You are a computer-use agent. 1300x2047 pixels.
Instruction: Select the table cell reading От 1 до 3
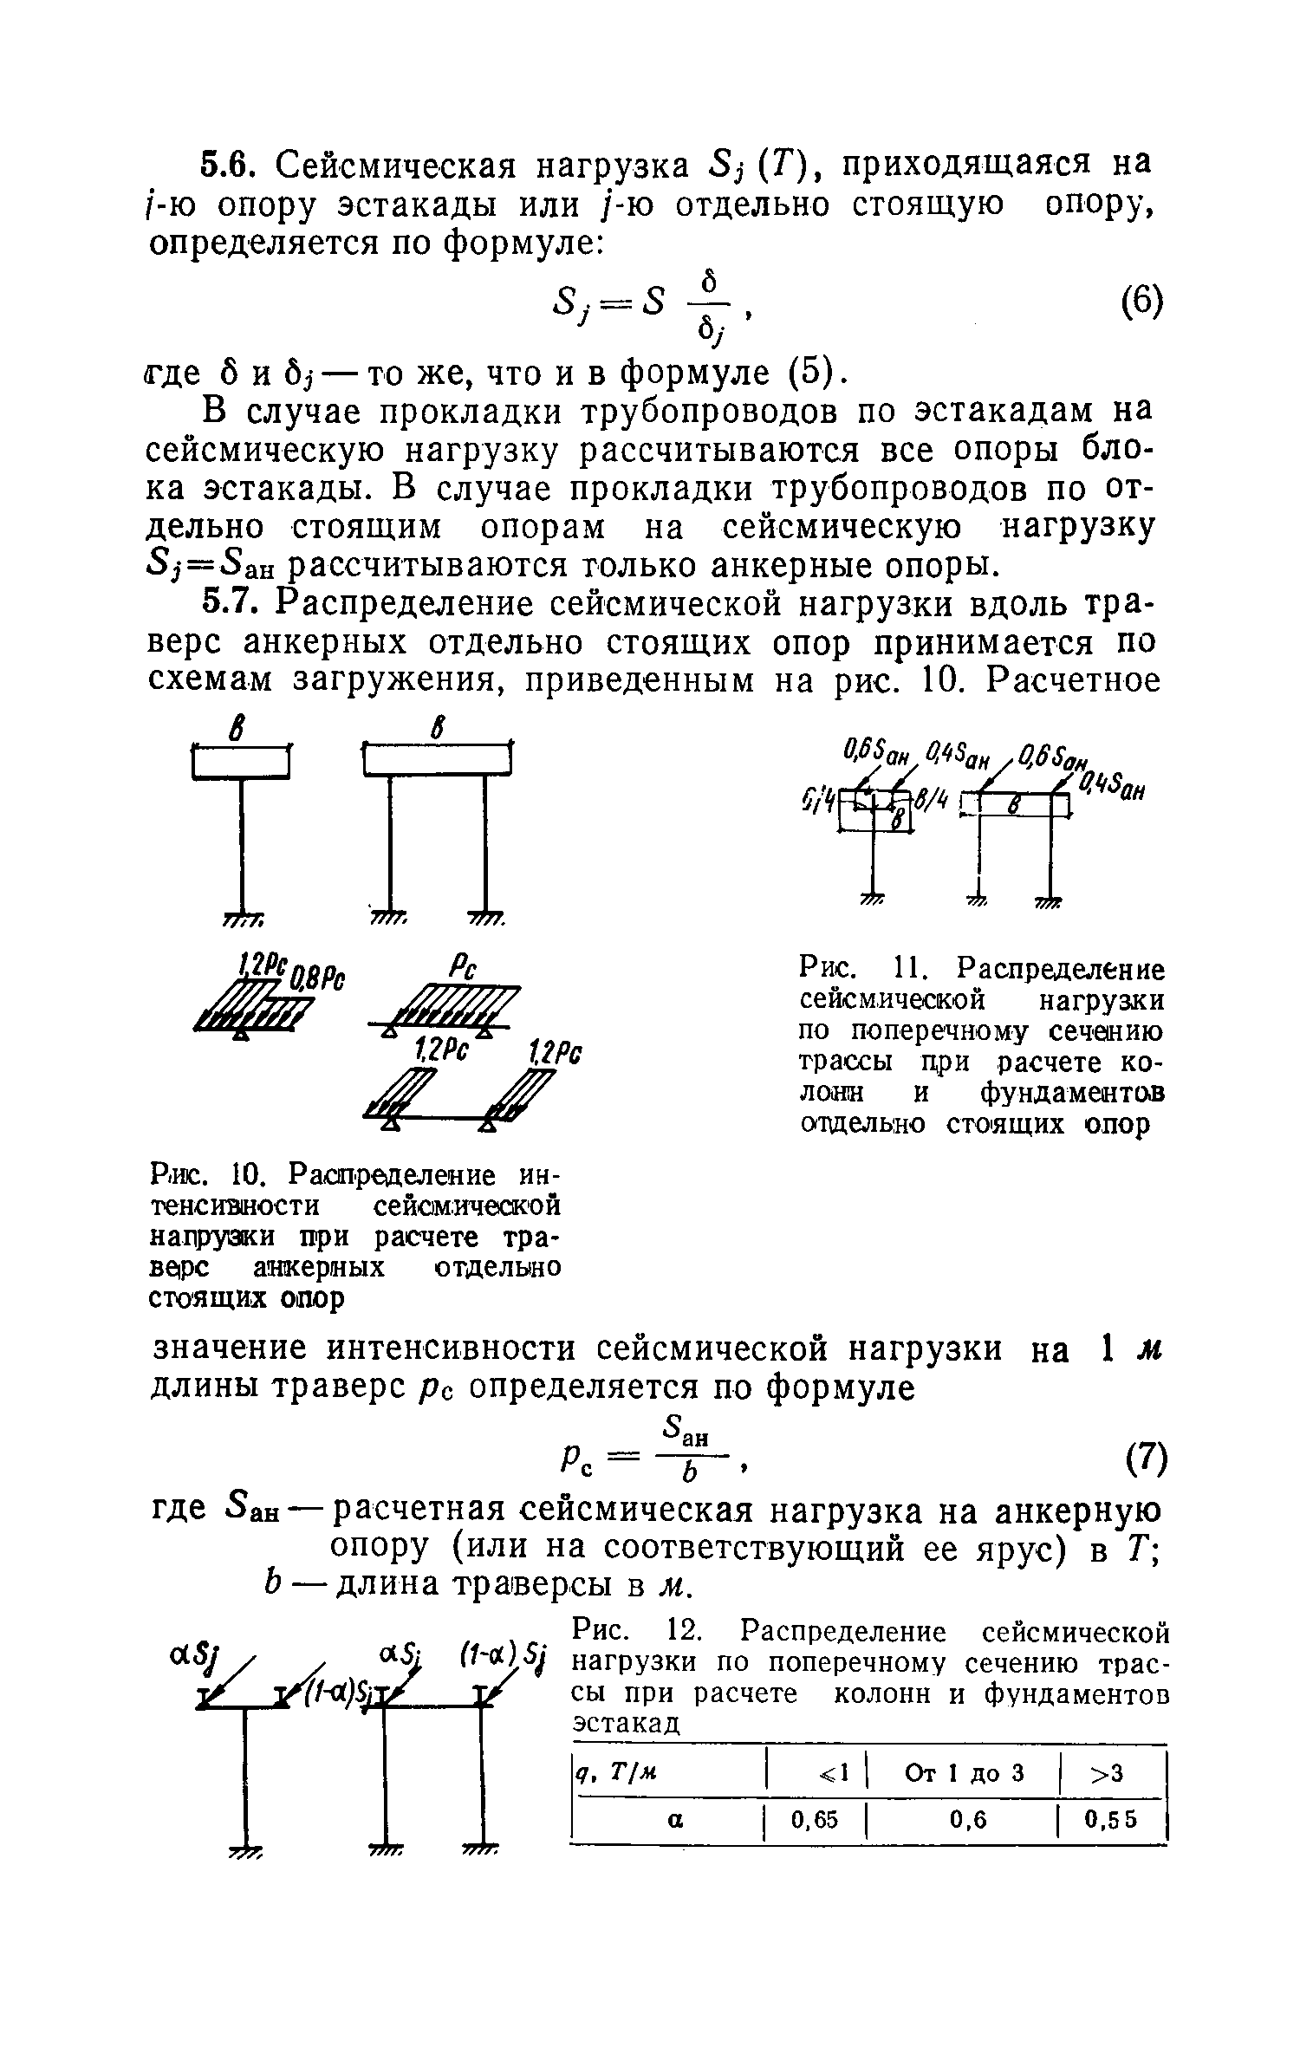point(964,1772)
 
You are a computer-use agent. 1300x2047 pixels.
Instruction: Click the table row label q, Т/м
point(613,1772)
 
